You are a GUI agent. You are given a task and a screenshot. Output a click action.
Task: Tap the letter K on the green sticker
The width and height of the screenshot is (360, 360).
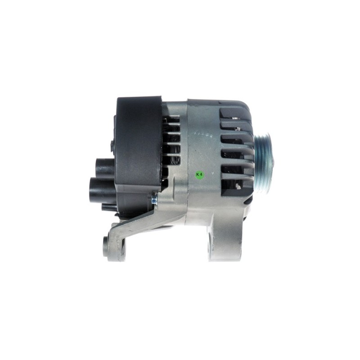coord(198,175)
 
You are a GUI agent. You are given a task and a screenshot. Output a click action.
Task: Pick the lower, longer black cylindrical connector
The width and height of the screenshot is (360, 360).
coord(103,186)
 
